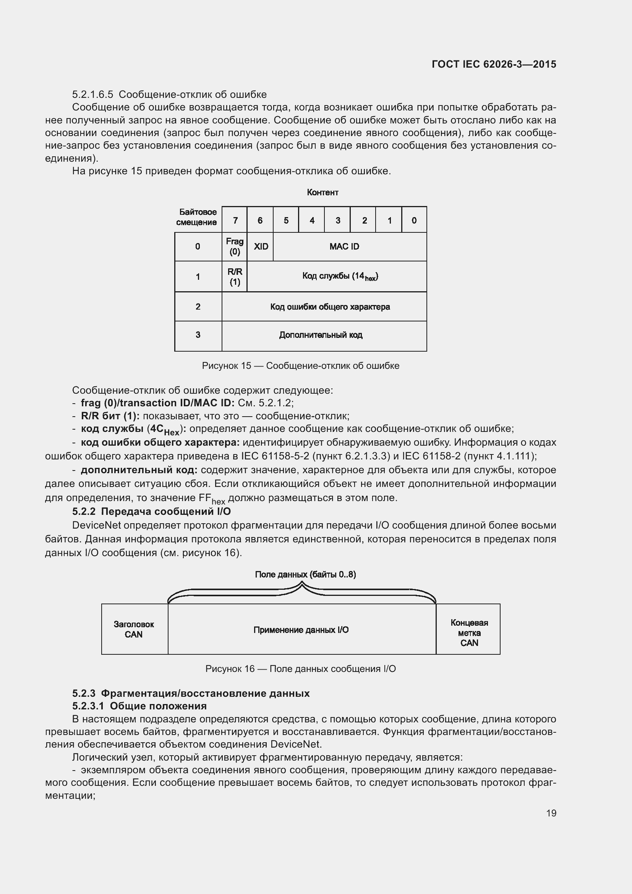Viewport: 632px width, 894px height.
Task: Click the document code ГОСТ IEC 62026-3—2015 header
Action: (494, 64)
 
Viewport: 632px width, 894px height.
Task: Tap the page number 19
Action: (551, 813)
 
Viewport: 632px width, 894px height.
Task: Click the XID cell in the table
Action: (260, 247)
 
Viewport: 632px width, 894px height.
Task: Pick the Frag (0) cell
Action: (235, 247)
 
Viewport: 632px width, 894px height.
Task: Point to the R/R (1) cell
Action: (235, 276)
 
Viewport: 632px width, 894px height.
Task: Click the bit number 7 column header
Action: (235, 221)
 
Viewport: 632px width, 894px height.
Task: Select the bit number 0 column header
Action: (414, 221)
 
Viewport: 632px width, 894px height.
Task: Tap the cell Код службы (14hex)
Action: (340, 276)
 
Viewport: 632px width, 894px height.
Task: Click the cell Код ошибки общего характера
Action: (330, 307)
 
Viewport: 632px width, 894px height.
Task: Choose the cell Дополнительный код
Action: (321, 335)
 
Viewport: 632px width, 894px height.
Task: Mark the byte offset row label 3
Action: (198, 335)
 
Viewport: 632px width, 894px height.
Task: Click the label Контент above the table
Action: (322, 192)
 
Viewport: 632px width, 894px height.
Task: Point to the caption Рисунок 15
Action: (300, 366)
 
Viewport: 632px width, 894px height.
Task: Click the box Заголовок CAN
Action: (134, 629)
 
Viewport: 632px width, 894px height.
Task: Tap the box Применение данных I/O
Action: (301, 630)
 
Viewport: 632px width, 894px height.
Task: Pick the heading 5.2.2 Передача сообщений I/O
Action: (151, 511)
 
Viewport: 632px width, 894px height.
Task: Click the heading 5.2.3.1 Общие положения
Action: (139, 706)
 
